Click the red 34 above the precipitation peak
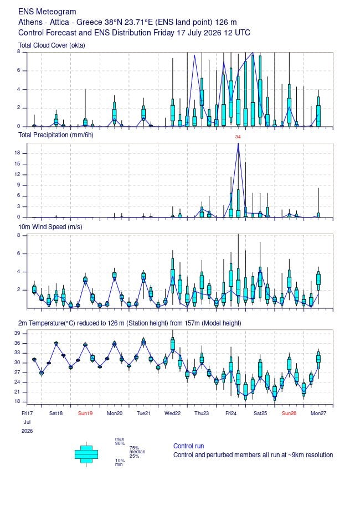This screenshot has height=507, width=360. pyautogui.click(x=238, y=137)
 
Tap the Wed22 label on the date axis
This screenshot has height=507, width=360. pyautogui.click(x=172, y=413)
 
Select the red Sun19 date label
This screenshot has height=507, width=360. pyautogui.click(x=85, y=413)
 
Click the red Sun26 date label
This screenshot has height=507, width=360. pyautogui.click(x=289, y=413)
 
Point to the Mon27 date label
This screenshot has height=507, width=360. pyautogui.click(x=318, y=413)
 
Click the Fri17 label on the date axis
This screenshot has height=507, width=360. pyautogui.click(x=27, y=413)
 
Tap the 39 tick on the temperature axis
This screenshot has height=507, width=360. pyautogui.click(x=17, y=333)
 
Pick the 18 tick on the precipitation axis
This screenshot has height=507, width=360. pyautogui.click(x=17, y=153)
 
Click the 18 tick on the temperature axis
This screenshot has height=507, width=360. pyautogui.click(x=17, y=402)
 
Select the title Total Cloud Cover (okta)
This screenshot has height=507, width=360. pyautogui.click(x=52, y=45)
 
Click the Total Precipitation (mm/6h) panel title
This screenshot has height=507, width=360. pyautogui.click(x=56, y=135)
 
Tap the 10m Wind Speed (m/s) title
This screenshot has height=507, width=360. pyautogui.click(x=50, y=227)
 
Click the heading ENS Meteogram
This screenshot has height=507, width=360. pyautogui.click(x=47, y=12)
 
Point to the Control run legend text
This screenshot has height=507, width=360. pyautogui.click(x=188, y=446)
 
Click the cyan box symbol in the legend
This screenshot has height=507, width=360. pyautogui.click(x=86, y=454)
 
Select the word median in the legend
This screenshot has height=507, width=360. pyautogui.click(x=137, y=452)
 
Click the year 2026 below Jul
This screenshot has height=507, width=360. pyautogui.click(x=27, y=431)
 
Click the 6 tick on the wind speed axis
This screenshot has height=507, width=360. pyautogui.click(x=18, y=253)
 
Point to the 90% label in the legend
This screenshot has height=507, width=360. pyautogui.click(x=120, y=443)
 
